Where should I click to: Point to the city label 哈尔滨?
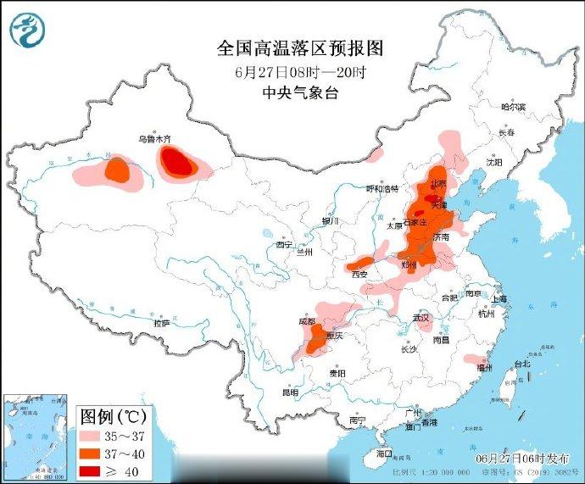(x=513, y=108)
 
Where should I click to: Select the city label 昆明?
(x=290, y=393)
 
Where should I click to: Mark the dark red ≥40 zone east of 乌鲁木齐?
(x=177, y=160)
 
